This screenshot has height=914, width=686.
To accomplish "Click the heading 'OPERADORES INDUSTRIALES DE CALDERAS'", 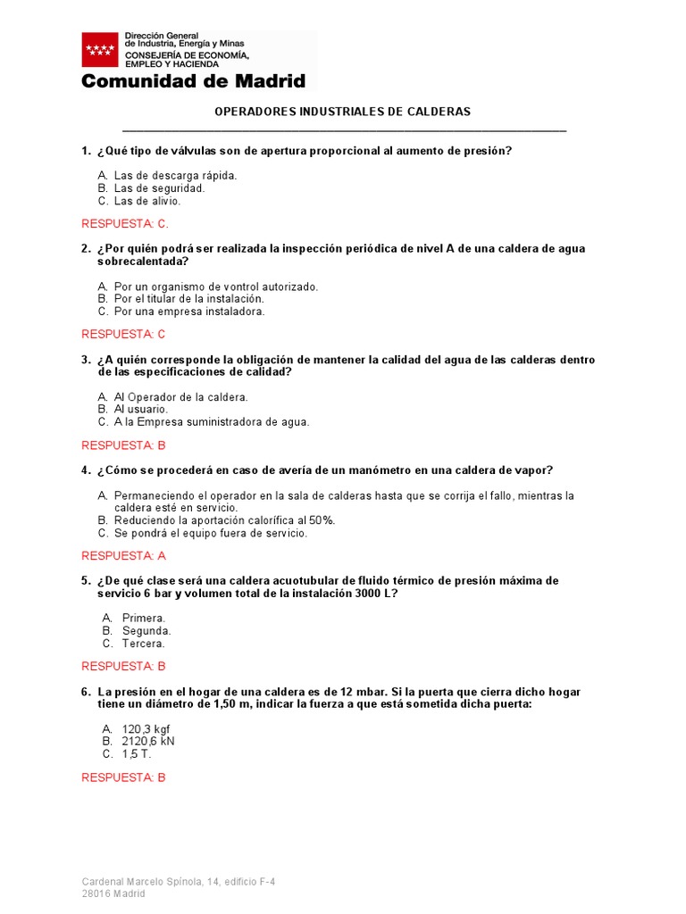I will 343,112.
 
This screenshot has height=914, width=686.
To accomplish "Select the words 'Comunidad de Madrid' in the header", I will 193,81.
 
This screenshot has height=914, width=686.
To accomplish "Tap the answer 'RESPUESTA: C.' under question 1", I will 125,223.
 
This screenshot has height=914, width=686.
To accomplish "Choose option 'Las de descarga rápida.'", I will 175,176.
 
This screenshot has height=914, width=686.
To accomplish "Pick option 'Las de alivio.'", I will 147,201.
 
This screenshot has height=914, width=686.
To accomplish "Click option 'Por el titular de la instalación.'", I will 189,299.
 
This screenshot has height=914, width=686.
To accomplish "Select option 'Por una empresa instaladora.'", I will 189,312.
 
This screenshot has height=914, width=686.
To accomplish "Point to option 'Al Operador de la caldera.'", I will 181,396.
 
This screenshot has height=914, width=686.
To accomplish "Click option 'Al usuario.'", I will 141,409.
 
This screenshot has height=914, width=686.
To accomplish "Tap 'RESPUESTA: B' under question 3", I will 124,445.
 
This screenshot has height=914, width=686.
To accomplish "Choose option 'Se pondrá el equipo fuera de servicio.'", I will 211,533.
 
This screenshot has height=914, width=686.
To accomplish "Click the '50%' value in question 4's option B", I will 322,520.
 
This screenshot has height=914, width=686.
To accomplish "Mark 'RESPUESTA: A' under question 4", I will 124,556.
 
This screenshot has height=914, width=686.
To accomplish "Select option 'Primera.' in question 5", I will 144,618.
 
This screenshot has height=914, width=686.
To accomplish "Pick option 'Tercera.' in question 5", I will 144,643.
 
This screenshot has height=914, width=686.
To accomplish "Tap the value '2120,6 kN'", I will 148,741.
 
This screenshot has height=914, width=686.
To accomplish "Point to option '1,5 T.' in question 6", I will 137,753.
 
